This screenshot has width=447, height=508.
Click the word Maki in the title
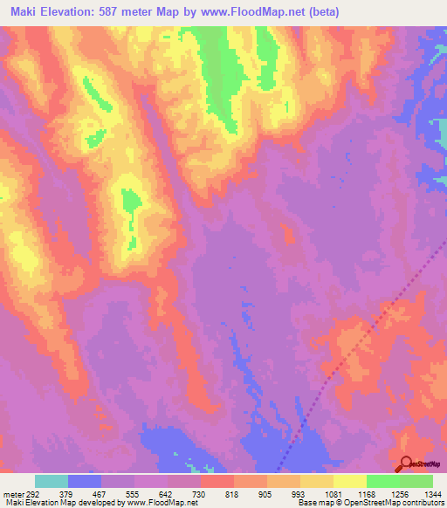pos(23,12)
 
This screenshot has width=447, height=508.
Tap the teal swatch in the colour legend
pos(52,481)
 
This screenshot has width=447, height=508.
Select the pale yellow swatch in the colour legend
pos(350,481)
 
